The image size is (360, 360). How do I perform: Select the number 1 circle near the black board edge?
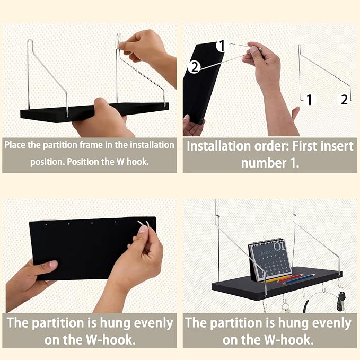(222, 46)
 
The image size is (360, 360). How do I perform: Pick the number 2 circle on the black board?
(194, 67)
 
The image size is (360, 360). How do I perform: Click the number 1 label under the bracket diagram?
(310, 100)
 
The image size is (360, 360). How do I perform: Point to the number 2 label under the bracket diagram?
(344, 100)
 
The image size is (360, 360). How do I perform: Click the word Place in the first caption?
(15, 145)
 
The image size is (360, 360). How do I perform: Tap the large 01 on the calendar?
(280, 247)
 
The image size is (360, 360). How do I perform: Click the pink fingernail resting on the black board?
(54, 264)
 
